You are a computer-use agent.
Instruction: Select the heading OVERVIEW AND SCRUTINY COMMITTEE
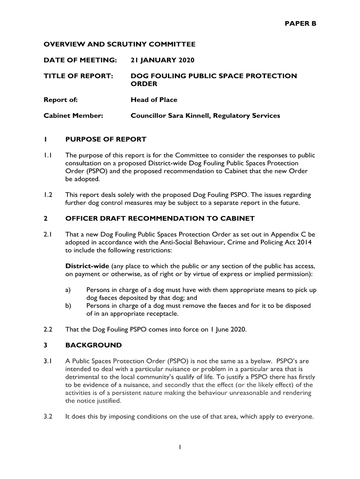[119, 44]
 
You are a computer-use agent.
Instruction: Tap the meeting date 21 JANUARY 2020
[162, 60]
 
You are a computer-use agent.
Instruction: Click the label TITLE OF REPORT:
[79, 76]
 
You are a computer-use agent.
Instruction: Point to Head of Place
[154, 100]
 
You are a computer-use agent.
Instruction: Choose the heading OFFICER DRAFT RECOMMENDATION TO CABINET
[160, 218]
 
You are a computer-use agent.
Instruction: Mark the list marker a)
[69, 290]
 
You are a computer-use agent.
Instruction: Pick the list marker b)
[69, 306]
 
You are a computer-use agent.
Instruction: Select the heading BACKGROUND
[94, 345]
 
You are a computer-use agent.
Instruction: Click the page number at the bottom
[180, 448]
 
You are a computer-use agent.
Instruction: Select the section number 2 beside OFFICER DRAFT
[46, 218]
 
